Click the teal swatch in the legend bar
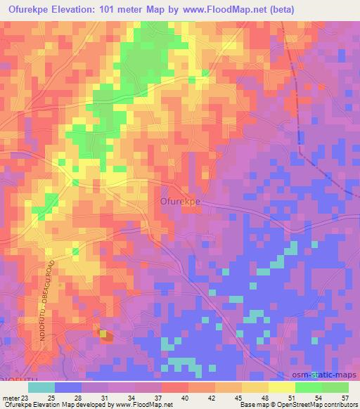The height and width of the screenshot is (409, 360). pos(41,387)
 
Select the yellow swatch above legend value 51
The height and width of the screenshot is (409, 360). pos(281,387)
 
